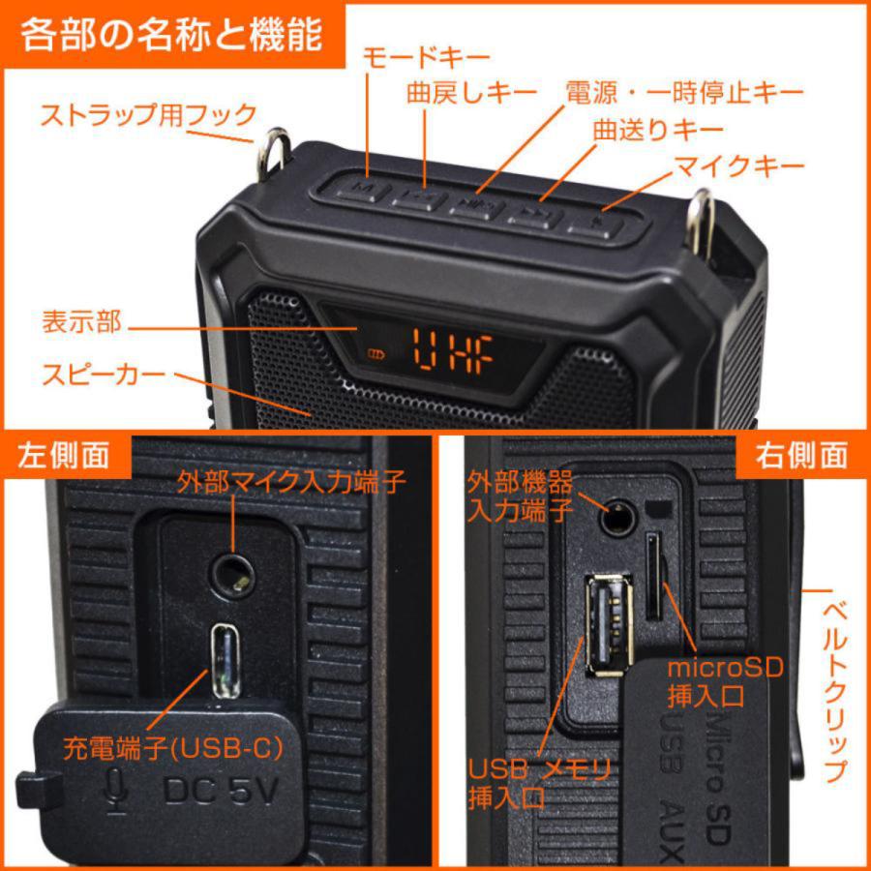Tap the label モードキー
(x=426, y=57)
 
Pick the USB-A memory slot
(x=608, y=625)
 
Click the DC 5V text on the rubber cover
(x=222, y=791)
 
